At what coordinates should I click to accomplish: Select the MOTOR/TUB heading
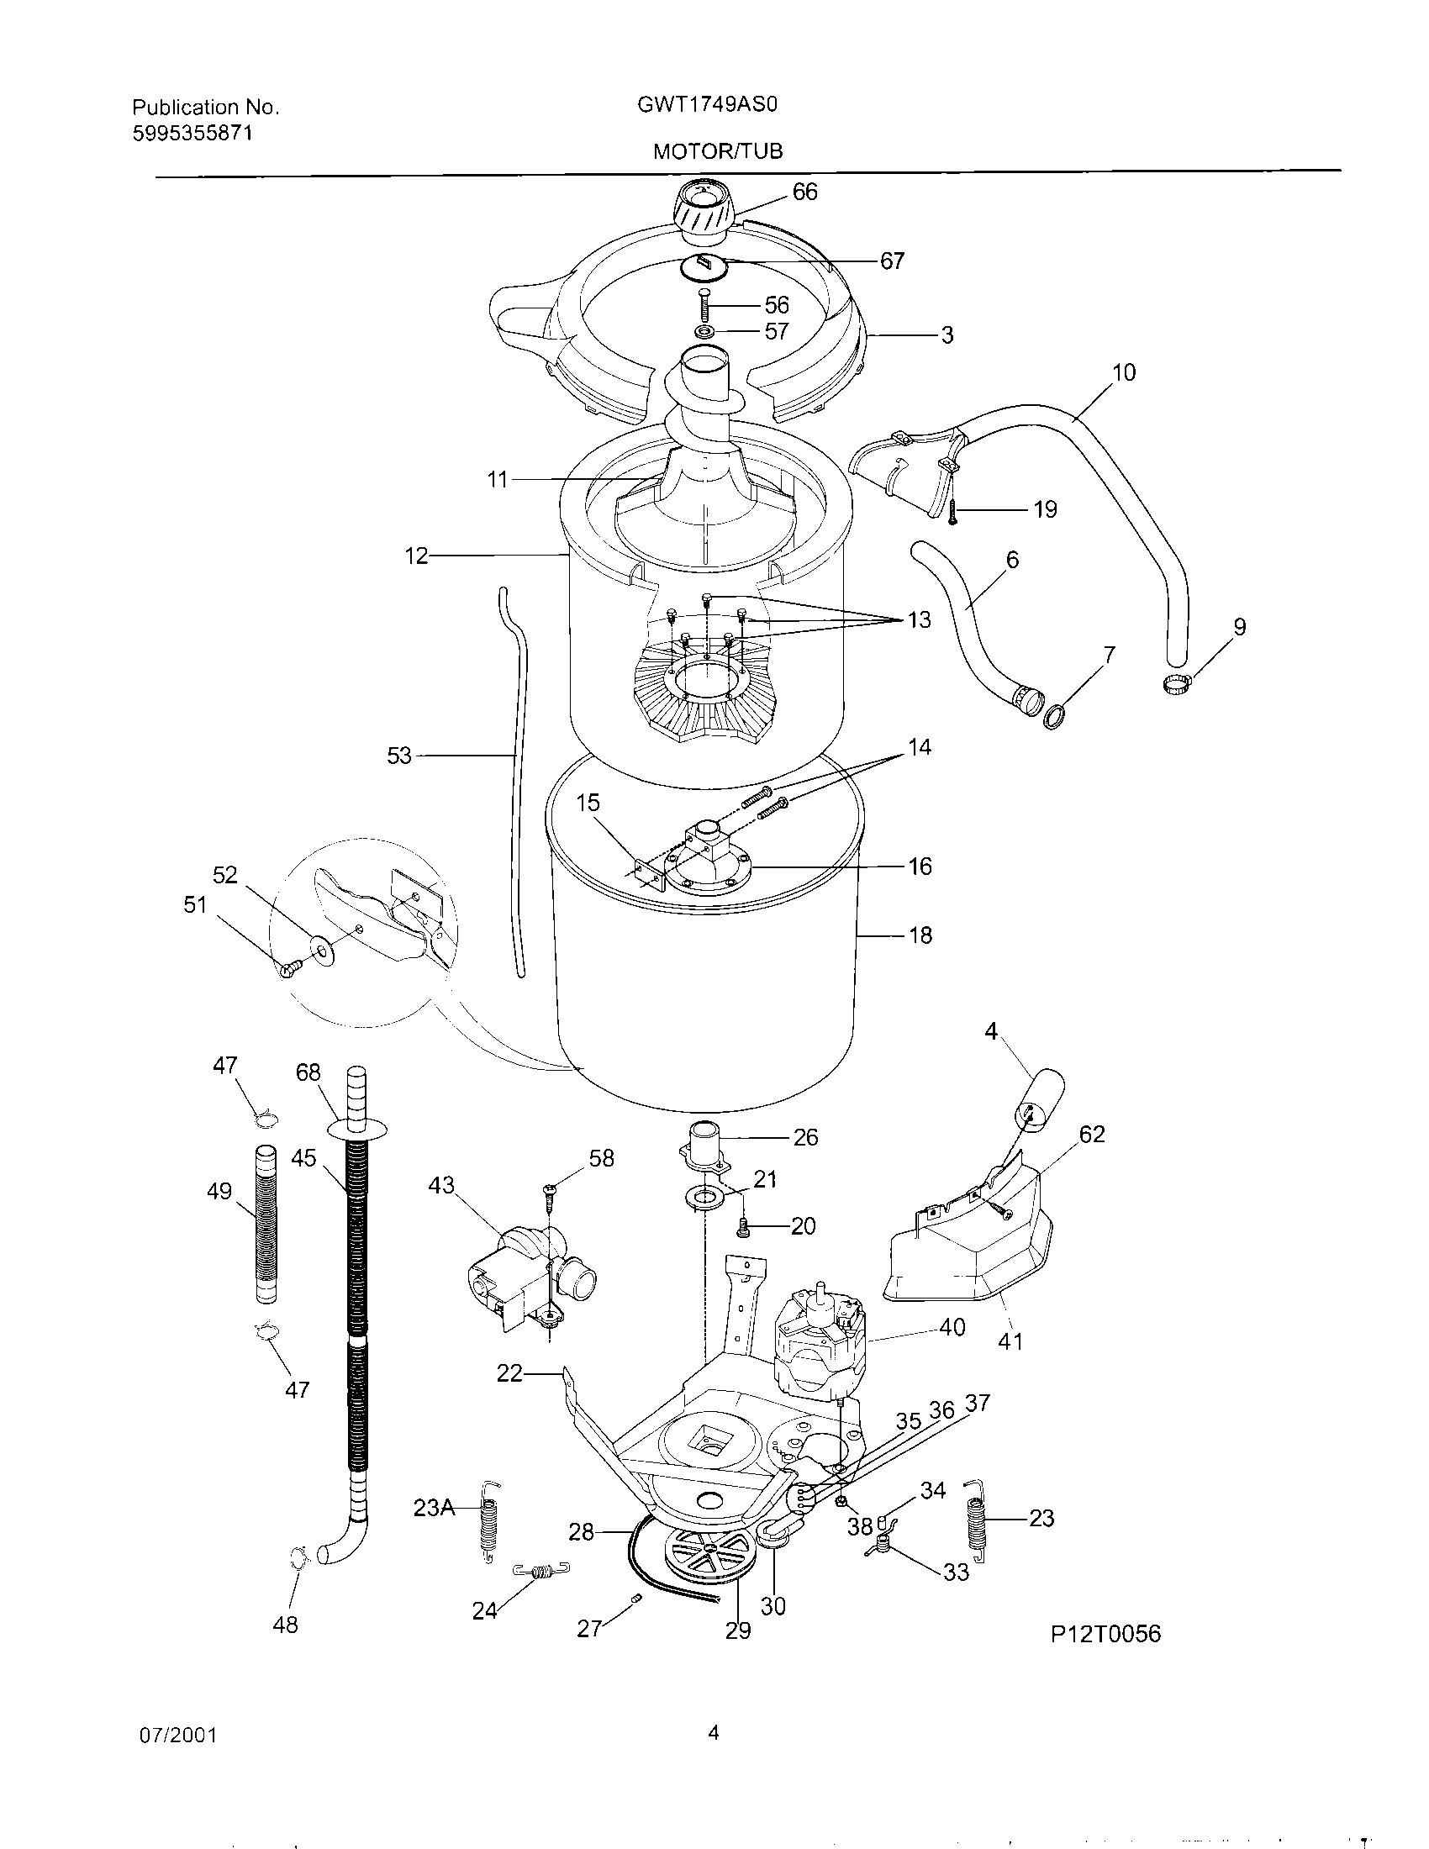(718, 151)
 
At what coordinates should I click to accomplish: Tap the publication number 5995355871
(192, 133)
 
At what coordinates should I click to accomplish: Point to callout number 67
(891, 261)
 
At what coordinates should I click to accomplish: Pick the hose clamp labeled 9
(1178, 677)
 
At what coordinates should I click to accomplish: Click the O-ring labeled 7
(1054, 716)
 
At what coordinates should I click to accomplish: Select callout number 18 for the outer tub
(920, 935)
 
